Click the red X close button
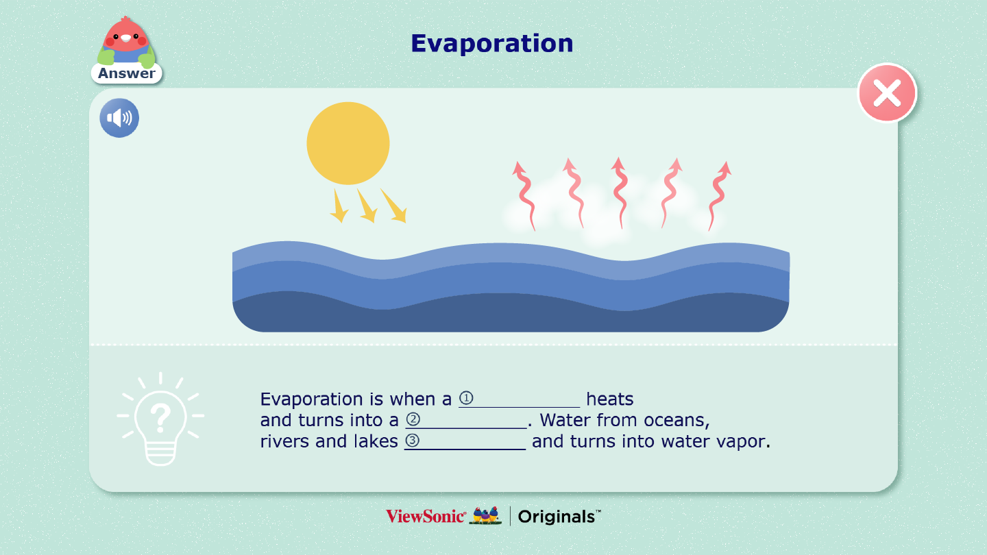tap(887, 93)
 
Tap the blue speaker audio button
tap(119, 118)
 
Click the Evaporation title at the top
tap(491, 43)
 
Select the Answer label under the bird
tap(126, 73)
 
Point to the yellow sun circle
tap(348, 143)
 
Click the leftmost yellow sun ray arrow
tap(339, 206)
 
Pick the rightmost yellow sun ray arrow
tap(394, 206)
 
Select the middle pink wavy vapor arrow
tap(620, 193)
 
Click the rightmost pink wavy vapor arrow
tap(719, 195)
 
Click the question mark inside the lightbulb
tap(160, 418)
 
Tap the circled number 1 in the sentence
tap(466, 398)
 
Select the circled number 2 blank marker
tap(413, 419)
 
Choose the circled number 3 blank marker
tap(412, 441)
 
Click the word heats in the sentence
tap(610, 399)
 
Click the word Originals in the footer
tap(557, 517)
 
